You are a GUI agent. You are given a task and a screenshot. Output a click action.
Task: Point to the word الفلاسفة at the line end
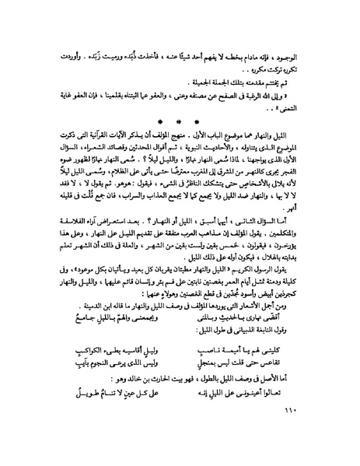(x=67, y=246)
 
